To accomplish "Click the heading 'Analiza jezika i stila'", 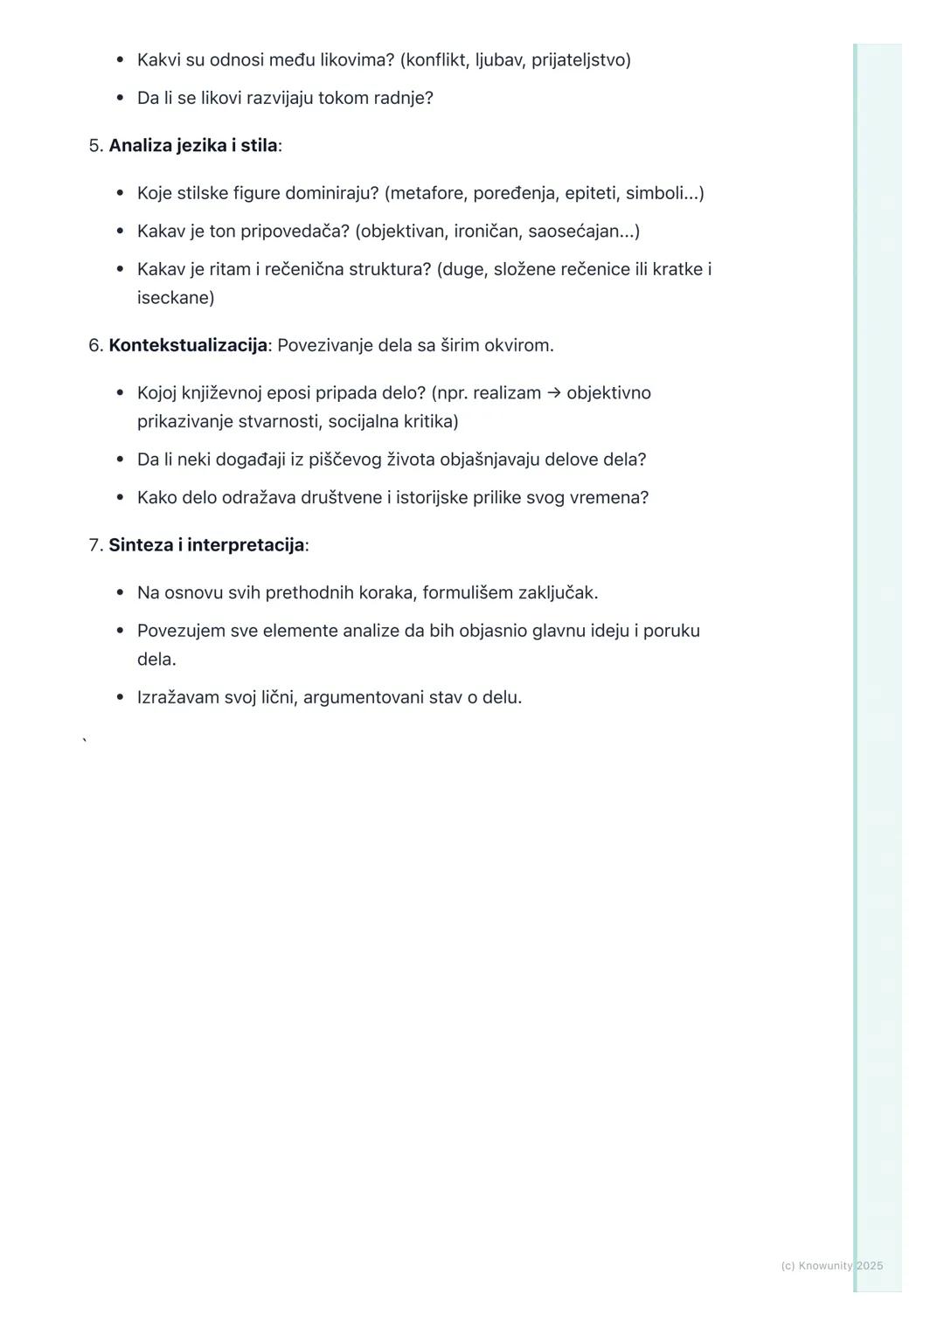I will coord(192,145).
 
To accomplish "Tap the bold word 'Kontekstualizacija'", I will coord(188,345).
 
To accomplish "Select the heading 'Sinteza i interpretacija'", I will coord(206,545).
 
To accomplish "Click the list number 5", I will coord(94,145).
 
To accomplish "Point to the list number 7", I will coord(94,545).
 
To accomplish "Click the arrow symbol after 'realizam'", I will coord(553,393).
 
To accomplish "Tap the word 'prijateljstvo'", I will coord(580,60).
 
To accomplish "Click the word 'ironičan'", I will coord(486,232).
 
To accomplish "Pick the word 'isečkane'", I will coord(175,298).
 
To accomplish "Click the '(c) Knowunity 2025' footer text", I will coord(831,1266).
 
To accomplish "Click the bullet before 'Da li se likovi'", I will coord(120,98).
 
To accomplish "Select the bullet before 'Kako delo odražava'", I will coord(120,498).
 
